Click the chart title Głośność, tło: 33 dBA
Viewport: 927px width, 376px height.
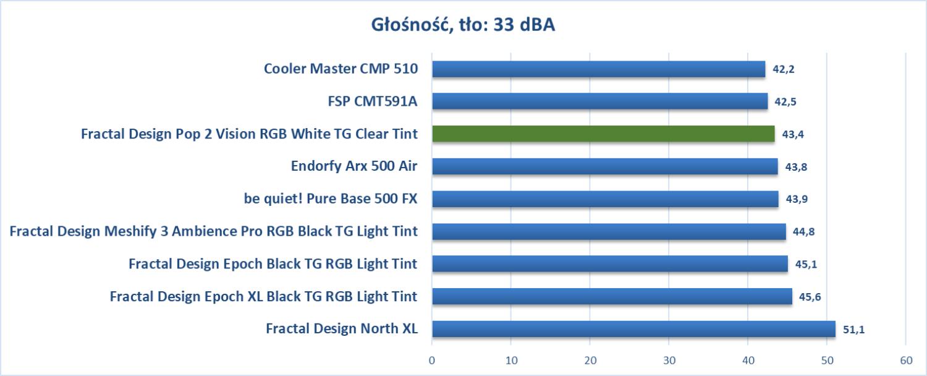[463, 25]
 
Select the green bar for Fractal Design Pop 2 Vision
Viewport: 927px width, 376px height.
[603, 134]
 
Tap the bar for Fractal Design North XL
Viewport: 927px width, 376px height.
[633, 328]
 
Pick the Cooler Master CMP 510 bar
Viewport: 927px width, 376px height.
[598, 69]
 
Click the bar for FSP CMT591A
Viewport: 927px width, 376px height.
[599, 101]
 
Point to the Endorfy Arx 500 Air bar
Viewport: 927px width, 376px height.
[604, 166]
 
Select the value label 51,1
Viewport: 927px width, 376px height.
[853, 330]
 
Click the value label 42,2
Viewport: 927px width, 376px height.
[783, 69]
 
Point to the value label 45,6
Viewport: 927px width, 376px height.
[810, 297]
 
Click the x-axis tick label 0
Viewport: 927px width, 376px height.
[432, 360]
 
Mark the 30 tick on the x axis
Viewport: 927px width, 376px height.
[669, 360]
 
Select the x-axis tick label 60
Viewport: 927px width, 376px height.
[905, 360]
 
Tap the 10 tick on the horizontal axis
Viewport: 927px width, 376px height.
[511, 360]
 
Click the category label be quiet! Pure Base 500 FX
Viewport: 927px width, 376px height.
[331, 199]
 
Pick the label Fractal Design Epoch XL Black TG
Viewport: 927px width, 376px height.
[263, 297]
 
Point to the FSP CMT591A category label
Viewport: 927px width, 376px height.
[373, 101]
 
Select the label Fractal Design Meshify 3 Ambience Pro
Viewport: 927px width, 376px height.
[214, 232]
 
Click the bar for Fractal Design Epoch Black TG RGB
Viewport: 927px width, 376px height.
[610, 263]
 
